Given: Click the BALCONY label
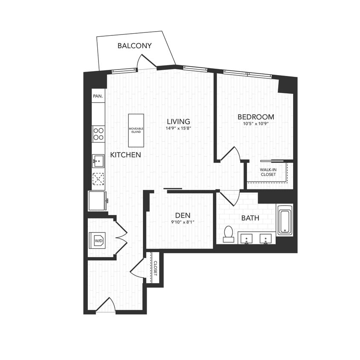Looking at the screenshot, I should [134, 46].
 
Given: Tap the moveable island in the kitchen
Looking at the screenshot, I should [136, 130].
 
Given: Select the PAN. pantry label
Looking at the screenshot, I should [98, 96].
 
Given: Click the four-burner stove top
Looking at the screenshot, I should [99, 134].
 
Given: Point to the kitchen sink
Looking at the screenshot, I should [99, 161].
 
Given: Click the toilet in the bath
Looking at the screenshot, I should [229, 234].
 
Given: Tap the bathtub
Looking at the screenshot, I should [285, 220].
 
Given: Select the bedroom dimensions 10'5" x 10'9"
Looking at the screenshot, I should [255, 124].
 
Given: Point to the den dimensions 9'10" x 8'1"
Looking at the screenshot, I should [182, 222].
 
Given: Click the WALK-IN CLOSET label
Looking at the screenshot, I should [268, 172].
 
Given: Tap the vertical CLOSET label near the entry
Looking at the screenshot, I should [155, 268].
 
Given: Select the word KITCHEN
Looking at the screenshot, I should [125, 155].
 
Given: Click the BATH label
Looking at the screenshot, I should [250, 218].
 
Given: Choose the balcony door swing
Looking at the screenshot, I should [142, 63].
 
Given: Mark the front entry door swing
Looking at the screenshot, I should [107, 306].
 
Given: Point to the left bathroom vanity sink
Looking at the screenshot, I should [246, 238].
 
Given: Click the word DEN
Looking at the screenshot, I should [182, 215].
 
